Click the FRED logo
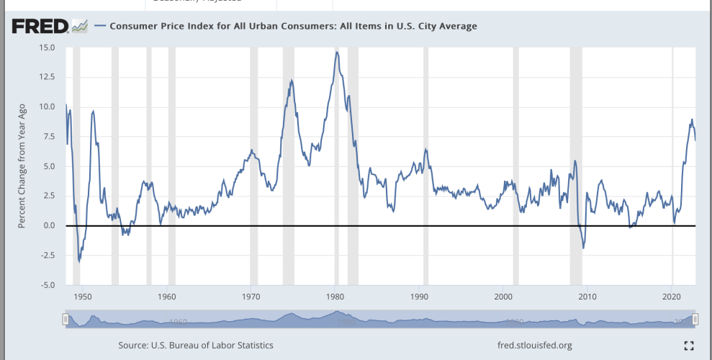coord(40,27)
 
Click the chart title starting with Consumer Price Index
coord(292,27)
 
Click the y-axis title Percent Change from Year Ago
coord(22,166)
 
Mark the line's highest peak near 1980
coord(336,52)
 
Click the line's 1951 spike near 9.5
coord(93,112)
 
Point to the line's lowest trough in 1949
coord(79,261)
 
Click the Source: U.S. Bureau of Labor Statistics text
coord(196,346)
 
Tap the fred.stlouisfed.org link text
coord(534,346)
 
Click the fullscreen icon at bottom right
coord(688,346)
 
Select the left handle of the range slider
coord(66,318)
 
